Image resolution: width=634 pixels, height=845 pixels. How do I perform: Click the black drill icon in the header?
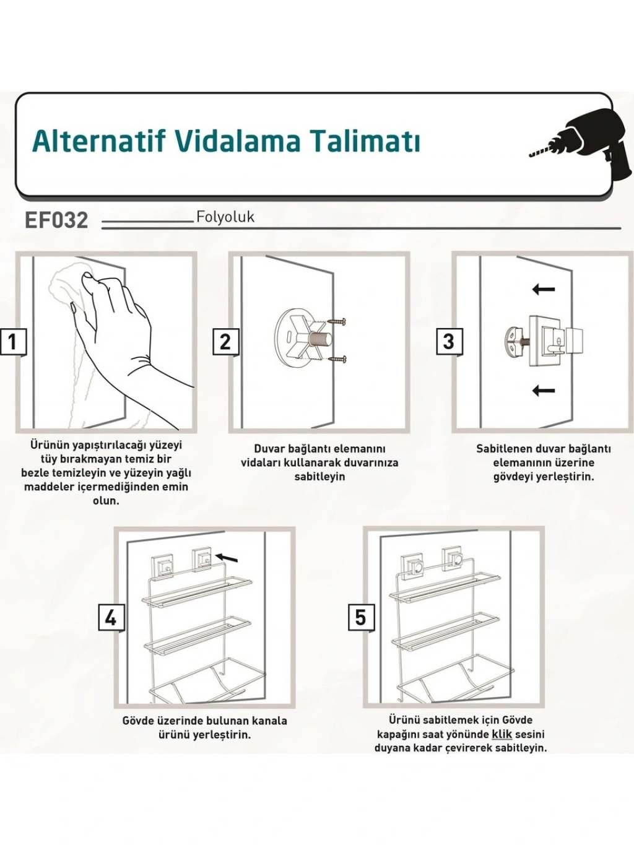(582, 147)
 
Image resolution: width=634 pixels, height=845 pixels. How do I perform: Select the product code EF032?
(56, 221)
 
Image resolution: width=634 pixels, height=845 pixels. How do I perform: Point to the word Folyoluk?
(225, 217)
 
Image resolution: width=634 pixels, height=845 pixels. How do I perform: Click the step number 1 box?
(13, 342)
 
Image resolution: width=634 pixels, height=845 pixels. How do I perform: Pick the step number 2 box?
(225, 342)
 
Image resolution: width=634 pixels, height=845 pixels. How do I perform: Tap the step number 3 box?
(449, 342)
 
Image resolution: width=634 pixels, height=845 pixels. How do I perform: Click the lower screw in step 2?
(337, 359)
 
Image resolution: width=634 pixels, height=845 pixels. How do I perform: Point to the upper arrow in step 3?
(543, 288)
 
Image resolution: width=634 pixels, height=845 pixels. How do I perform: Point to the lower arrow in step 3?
(543, 391)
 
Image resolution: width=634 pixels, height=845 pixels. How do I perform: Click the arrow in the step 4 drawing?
(227, 557)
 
